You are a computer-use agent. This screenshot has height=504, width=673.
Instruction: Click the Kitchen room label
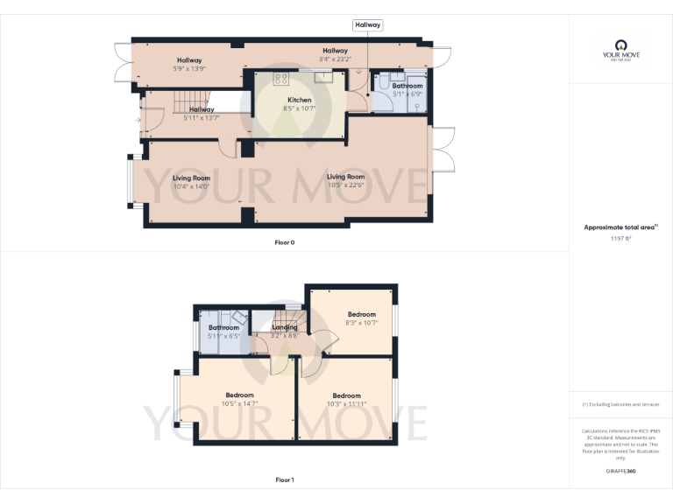(x=300, y=100)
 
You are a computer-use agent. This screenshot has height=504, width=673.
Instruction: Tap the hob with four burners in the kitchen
(x=281, y=79)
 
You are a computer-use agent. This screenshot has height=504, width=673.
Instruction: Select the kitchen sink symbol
(x=322, y=76)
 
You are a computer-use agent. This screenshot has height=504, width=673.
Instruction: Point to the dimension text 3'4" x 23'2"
(x=335, y=59)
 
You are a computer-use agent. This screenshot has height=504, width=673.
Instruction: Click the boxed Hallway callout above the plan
(x=367, y=25)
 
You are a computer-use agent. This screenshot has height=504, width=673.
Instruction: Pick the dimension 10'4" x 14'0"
(x=191, y=186)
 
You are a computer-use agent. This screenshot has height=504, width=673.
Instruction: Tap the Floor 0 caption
(x=285, y=241)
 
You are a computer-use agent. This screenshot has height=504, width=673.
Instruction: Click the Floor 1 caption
(x=285, y=479)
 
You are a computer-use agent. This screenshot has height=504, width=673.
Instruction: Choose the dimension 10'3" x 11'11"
(x=346, y=403)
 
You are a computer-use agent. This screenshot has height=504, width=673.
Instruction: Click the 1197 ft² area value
(x=620, y=238)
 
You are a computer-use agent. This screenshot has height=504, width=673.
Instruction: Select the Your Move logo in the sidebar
(x=621, y=49)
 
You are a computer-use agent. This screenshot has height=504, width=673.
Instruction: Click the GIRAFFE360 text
(x=620, y=471)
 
